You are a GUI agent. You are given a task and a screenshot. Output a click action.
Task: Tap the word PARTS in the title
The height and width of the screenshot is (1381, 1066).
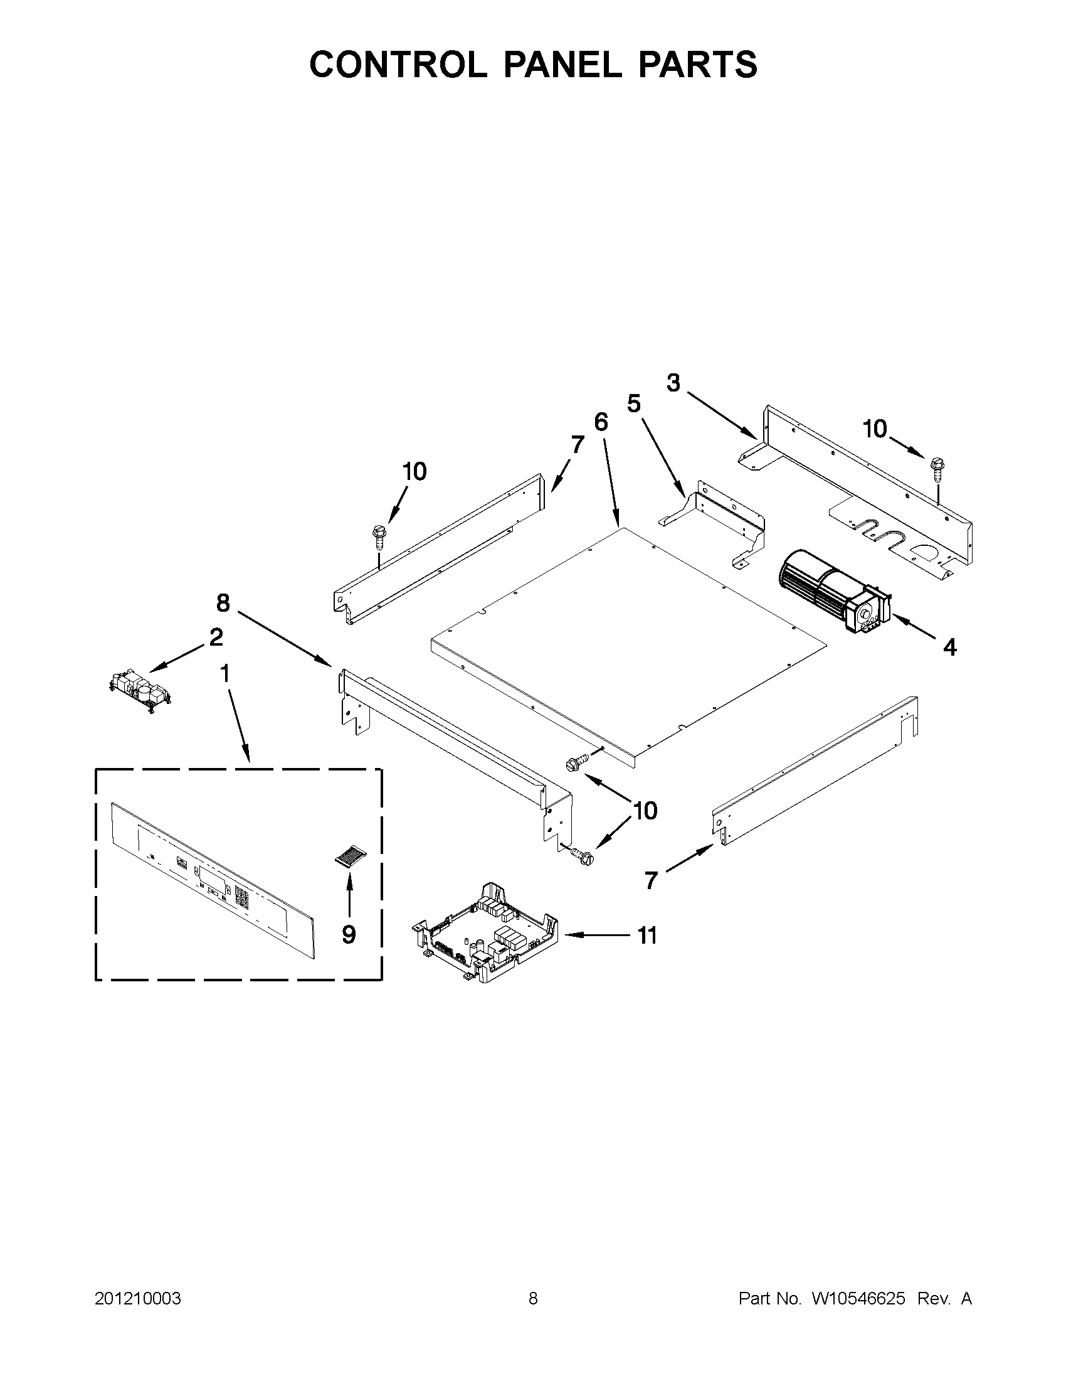[x=698, y=65]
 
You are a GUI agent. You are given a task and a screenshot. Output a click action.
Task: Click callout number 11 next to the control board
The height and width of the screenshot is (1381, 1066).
[x=647, y=936]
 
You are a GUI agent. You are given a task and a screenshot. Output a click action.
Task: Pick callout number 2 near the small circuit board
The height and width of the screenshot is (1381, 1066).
[x=216, y=637]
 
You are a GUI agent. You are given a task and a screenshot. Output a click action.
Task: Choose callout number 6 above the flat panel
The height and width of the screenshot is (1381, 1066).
[x=601, y=422]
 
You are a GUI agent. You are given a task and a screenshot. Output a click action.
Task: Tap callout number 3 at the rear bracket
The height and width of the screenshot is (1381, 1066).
[x=673, y=383]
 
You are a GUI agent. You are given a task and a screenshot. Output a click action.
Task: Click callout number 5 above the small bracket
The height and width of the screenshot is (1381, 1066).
[x=633, y=403]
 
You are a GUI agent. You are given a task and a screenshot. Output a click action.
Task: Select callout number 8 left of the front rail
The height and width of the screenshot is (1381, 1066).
[x=223, y=602]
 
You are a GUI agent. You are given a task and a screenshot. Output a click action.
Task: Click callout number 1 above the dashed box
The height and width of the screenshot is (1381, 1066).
[x=224, y=674]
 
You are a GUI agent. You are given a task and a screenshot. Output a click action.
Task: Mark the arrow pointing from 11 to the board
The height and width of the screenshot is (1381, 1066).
[x=594, y=935]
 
